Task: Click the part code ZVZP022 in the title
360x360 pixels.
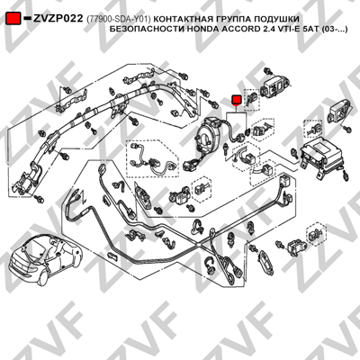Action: click(x=58, y=19)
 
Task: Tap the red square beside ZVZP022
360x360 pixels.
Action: click(x=13, y=19)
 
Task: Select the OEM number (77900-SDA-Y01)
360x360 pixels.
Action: click(x=118, y=19)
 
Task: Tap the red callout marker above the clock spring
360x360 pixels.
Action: click(x=237, y=101)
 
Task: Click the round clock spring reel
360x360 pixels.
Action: click(x=209, y=133)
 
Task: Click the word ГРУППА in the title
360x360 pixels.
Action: click(x=233, y=19)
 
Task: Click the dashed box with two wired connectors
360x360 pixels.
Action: click(x=153, y=158)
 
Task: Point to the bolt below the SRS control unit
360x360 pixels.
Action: click(x=346, y=175)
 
